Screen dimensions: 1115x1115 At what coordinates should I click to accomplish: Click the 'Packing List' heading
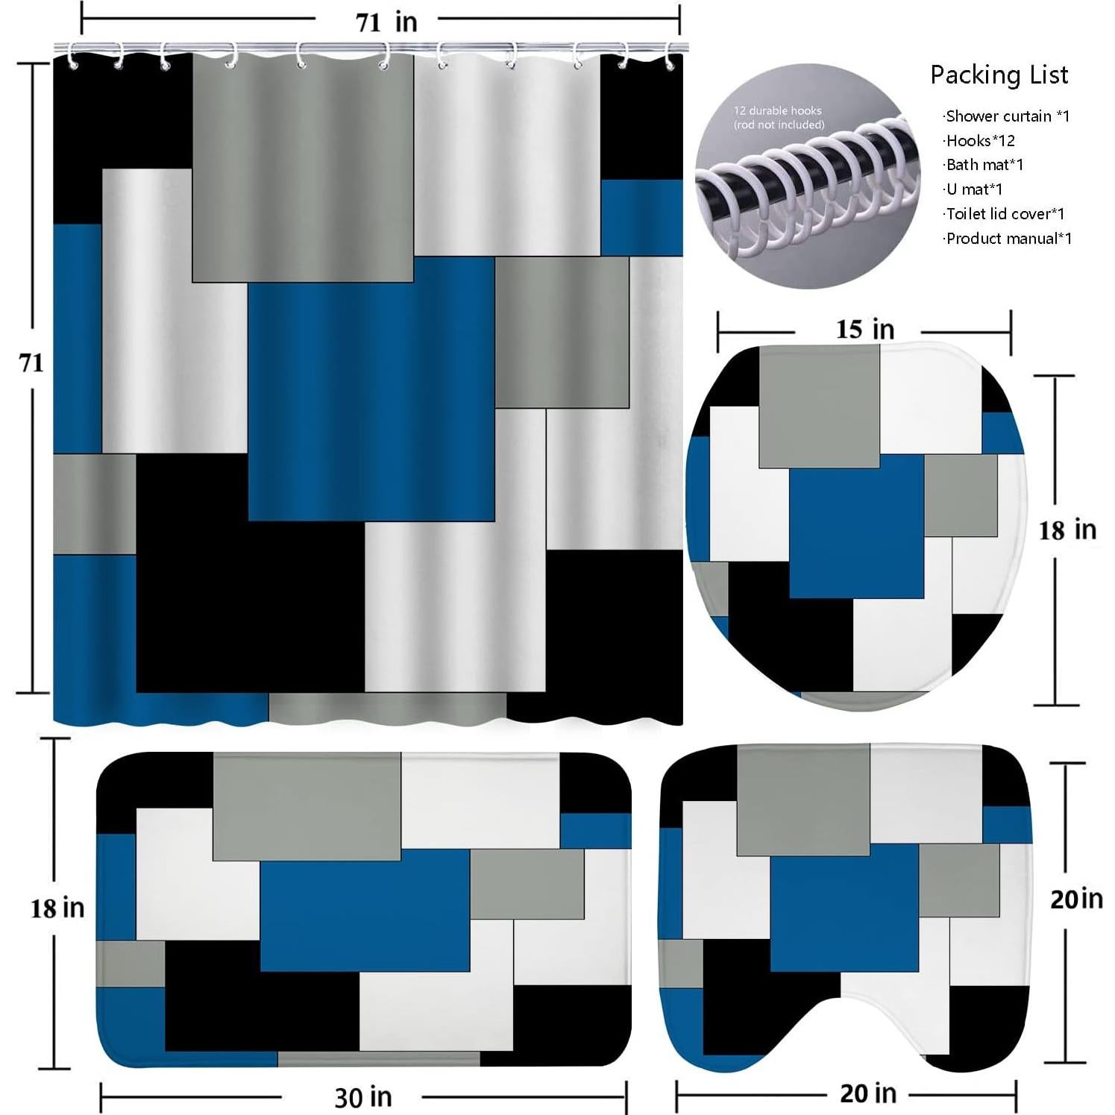999,75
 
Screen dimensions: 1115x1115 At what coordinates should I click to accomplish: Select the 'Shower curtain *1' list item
1006,116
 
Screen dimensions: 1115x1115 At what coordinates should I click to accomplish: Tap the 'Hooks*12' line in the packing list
979,141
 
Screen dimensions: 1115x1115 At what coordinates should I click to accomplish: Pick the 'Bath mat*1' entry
984,165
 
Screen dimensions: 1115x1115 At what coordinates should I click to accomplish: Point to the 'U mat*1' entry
973,189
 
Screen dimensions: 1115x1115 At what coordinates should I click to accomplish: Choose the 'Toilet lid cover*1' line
1004,214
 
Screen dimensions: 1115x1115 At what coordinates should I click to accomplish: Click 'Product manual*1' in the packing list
1008,239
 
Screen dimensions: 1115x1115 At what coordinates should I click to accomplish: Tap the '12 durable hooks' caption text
777,110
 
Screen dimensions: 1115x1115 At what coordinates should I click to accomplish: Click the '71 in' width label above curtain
386,22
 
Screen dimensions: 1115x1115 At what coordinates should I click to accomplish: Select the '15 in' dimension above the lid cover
864,330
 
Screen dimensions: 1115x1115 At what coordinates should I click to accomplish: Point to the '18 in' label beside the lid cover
1067,530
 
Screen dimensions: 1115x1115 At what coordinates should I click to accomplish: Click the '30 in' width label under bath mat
362,1097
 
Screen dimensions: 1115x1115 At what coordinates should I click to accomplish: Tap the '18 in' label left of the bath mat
57,908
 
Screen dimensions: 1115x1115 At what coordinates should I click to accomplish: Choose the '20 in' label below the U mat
868,1093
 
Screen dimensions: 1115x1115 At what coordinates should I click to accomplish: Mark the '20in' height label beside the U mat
1076,899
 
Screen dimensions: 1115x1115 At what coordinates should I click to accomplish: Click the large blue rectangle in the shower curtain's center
371,389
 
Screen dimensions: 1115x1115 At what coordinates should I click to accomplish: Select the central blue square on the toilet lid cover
856,527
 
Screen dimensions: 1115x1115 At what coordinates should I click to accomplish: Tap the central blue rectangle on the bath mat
365,910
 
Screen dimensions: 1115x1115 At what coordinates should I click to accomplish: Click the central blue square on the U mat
844,908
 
